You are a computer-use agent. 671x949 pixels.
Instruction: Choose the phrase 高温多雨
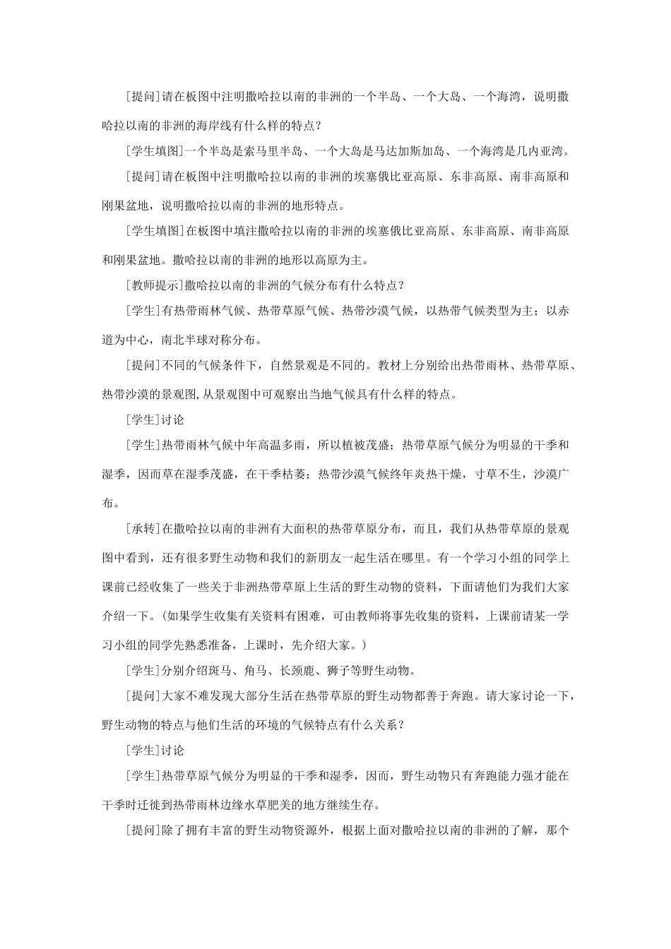point(274,446)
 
